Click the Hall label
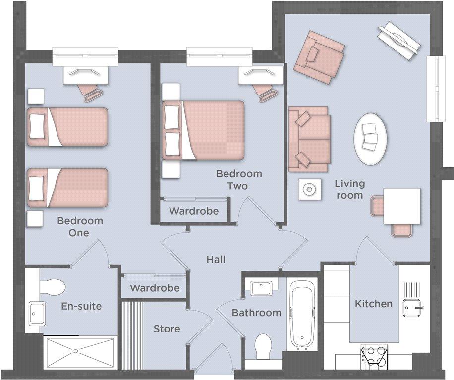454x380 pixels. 216,259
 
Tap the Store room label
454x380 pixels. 167,329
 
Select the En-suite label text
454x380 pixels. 81,306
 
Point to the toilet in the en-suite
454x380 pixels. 52,287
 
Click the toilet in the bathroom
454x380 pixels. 263,346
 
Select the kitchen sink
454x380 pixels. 413,308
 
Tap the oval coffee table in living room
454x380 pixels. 370,139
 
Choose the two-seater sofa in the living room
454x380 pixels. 309,139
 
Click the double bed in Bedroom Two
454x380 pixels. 203,130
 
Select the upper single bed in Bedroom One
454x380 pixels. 67,127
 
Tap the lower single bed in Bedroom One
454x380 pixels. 67,188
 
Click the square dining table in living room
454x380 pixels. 402,206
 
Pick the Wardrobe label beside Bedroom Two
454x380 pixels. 194,211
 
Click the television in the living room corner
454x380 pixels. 398,42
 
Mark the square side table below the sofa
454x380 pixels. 309,190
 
